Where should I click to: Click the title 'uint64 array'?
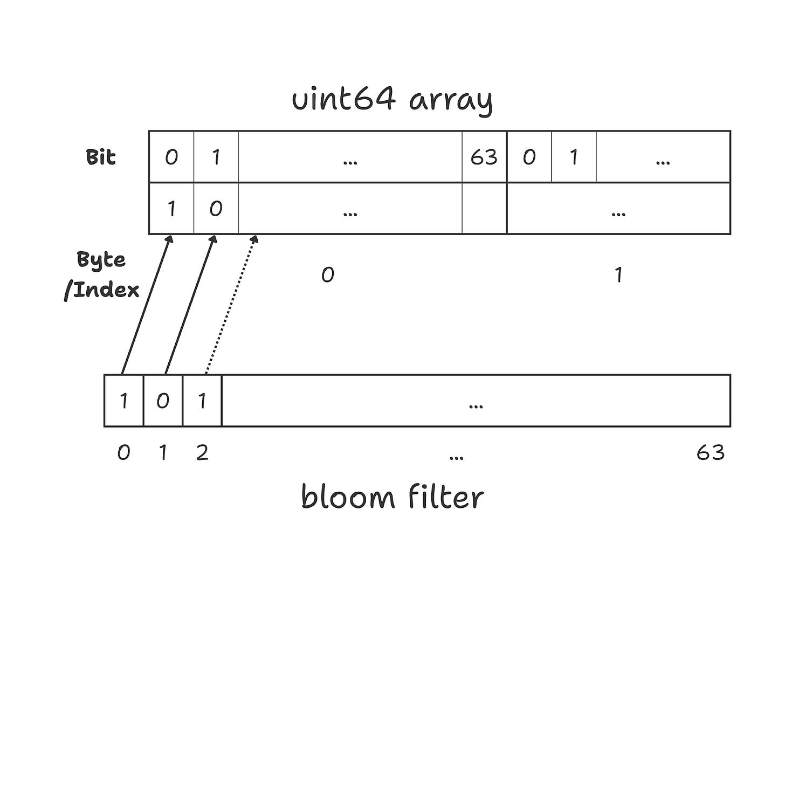click(392, 100)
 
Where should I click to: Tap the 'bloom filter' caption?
click(392, 497)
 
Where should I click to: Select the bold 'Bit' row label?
click(101, 157)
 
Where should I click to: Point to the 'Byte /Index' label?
click(102, 274)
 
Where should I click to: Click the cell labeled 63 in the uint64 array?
click(484, 157)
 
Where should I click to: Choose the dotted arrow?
click(231, 305)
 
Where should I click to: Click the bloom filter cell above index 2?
click(202, 401)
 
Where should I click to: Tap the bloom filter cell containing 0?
click(163, 401)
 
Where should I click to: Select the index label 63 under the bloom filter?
click(710, 452)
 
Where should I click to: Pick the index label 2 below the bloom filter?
click(202, 452)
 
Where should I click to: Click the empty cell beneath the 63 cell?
click(484, 209)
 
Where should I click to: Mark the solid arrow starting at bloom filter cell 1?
click(190, 305)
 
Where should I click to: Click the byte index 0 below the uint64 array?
click(328, 276)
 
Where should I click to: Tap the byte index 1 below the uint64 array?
click(618, 276)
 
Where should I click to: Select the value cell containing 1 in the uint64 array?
click(171, 209)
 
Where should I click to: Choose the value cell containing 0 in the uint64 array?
click(216, 209)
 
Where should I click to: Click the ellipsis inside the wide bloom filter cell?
click(476, 405)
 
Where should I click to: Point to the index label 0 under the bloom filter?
click(123, 452)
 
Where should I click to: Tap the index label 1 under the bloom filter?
click(163, 452)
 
